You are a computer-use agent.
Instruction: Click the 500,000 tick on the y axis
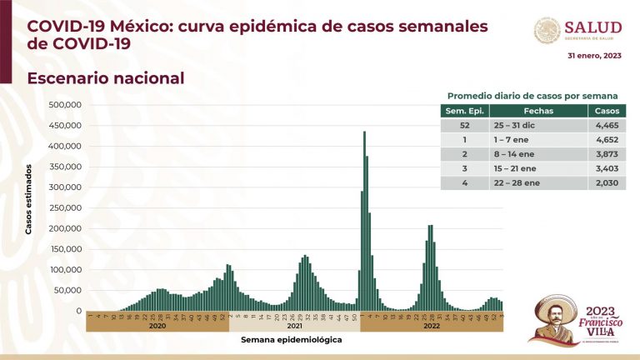(65, 105)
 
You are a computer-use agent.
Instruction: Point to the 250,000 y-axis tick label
(65, 207)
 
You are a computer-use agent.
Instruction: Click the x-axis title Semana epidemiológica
(291, 340)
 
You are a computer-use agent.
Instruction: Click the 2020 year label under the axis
(157, 327)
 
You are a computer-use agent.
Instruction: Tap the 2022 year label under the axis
(432, 327)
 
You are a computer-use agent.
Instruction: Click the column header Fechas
(537, 110)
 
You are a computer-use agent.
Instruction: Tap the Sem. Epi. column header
(465, 110)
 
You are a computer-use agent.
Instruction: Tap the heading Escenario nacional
(105, 77)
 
